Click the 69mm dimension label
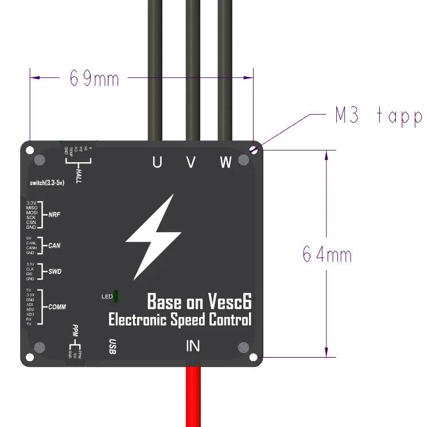coord(94,78)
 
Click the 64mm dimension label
coord(326,254)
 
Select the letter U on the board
coord(157,163)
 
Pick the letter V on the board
coord(191,163)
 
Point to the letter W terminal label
coord(225,163)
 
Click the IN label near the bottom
coord(193,346)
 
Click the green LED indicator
coord(116,296)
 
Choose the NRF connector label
coord(55,215)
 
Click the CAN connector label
coord(54,245)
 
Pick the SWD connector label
coord(55,272)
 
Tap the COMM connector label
coord(57,307)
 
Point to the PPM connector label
coord(75,331)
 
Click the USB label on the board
coord(113,346)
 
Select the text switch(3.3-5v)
coord(47,183)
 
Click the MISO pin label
coord(31,207)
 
